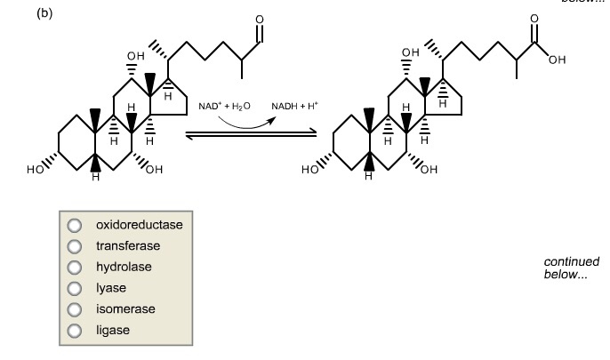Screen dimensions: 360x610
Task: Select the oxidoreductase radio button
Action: [x=75, y=225]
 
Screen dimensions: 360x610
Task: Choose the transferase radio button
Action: [x=75, y=246]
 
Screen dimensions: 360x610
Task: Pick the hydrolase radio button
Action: [x=75, y=267]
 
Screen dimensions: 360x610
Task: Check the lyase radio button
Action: [x=75, y=288]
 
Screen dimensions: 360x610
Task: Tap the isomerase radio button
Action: [x=75, y=309]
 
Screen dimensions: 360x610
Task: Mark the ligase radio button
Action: [x=75, y=331]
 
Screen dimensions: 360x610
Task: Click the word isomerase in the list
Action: [x=125, y=309]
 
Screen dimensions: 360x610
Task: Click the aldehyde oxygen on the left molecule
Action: [x=259, y=20]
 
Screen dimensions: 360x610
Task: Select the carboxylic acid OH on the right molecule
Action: [x=557, y=60]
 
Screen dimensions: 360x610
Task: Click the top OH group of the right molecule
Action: [x=409, y=53]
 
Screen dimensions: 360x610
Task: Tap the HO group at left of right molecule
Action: [x=312, y=169]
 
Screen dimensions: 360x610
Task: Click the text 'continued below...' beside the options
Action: [x=571, y=268]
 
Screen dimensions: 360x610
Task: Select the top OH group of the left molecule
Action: [x=134, y=55]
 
